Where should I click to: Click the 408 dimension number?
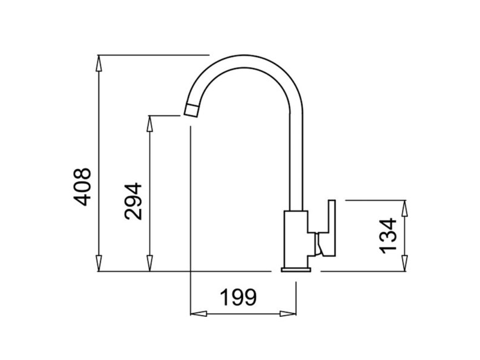click(x=82, y=187)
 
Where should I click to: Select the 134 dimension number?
click(x=388, y=235)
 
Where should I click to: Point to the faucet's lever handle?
click(x=329, y=229)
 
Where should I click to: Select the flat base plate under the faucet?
click(x=296, y=271)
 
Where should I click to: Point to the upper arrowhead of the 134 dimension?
click(x=406, y=206)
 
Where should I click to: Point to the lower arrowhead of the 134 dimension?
click(x=406, y=265)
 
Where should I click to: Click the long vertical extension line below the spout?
click(x=190, y=210)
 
